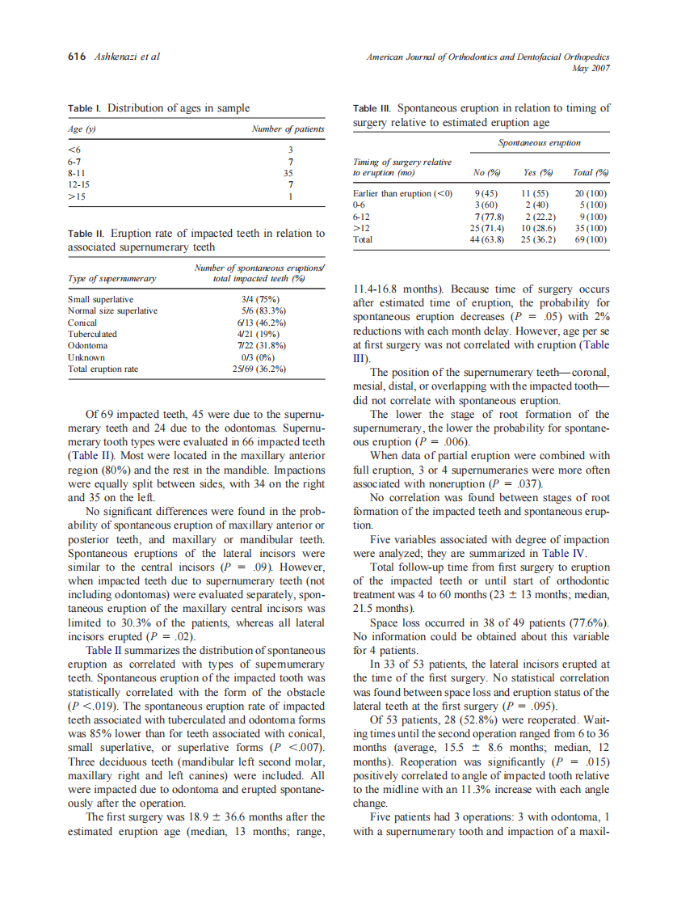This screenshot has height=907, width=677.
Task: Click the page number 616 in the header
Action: [76, 57]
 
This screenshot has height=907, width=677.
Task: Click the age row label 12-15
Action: [79, 184]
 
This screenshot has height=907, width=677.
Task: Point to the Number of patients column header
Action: [288, 129]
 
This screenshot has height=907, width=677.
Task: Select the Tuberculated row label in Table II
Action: [92, 334]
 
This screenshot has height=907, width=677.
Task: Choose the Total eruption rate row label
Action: [103, 369]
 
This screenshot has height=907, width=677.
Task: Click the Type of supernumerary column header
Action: [111, 279]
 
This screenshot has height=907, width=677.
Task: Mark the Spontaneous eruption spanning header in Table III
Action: [539, 143]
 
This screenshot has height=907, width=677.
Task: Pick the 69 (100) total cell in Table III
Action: [591, 240]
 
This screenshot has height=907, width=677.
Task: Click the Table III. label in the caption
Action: [373, 108]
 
